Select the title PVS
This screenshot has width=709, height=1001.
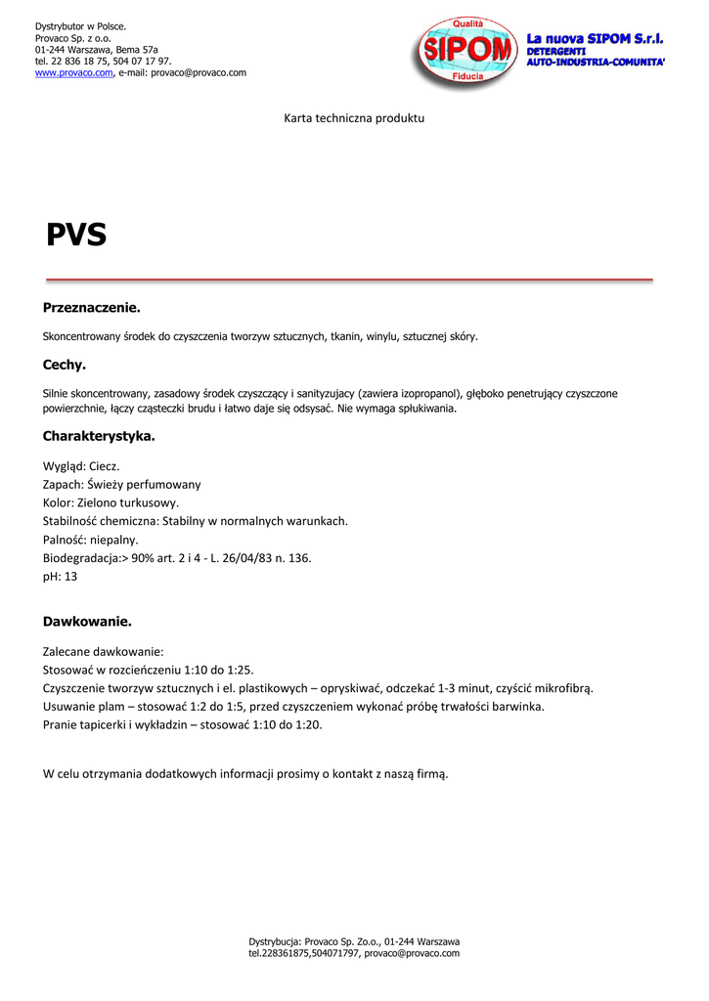(x=76, y=236)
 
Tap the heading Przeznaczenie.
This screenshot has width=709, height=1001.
(x=92, y=308)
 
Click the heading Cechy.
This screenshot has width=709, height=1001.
(x=65, y=365)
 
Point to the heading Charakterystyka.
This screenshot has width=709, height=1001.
(x=99, y=436)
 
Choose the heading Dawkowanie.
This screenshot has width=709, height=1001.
(x=87, y=621)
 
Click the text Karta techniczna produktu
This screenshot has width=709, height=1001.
(x=354, y=118)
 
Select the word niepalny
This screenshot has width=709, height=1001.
(x=115, y=540)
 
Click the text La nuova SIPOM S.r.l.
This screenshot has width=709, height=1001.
(x=595, y=38)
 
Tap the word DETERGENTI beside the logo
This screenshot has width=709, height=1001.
(x=555, y=51)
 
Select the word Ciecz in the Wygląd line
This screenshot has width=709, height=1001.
(x=104, y=466)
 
